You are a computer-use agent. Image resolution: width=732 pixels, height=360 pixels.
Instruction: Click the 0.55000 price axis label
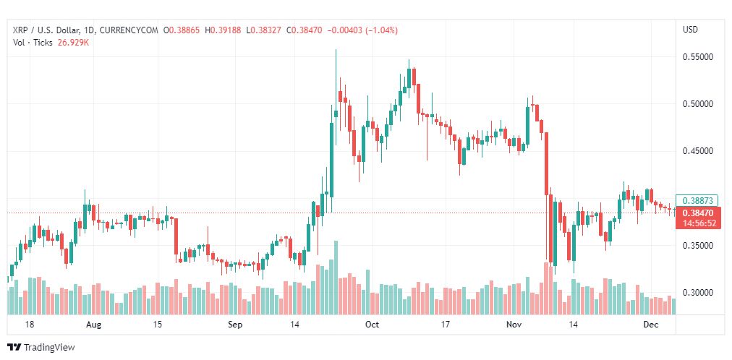(698, 57)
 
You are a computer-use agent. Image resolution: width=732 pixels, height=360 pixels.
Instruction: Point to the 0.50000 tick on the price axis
(698, 104)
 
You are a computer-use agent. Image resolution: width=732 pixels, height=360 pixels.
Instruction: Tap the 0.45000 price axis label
(698, 151)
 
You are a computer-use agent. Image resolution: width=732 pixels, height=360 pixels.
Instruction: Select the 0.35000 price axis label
(698, 245)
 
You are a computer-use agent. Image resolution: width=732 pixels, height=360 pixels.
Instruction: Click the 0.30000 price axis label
(698, 292)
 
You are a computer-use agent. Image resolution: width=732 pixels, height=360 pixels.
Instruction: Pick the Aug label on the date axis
(93, 325)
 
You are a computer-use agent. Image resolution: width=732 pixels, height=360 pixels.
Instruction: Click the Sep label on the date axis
(235, 325)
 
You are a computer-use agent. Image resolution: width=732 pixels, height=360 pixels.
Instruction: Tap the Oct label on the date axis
(372, 325)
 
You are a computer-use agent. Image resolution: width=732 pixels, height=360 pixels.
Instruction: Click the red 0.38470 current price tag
(698, 213)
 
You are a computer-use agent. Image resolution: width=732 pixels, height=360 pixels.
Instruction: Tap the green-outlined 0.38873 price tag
(698, 200)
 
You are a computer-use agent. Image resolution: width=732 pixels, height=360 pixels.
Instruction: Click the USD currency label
(691, 30)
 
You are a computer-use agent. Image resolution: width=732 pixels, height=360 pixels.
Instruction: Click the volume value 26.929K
(74, 42)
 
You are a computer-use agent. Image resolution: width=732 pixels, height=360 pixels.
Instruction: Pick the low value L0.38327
(264, 30)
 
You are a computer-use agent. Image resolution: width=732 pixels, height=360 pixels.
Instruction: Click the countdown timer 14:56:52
(698, 223)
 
